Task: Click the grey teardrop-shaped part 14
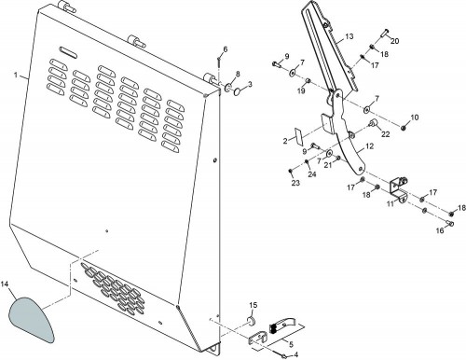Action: (x=30, y=319)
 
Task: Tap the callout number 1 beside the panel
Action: (x=16, y=75)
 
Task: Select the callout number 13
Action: (x=349, y=36)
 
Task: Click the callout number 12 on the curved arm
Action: (x=370, y=145)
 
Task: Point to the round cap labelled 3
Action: (x=238, y=91)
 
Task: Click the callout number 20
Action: (x=394, y=41)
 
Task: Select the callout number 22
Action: (x=385, y=134)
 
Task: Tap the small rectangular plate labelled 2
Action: (x=299, y=137)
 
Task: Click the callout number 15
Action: (x=254, y=305)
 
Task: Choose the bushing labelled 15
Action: (x=251, y=320)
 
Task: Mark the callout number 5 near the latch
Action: (x=291, y=344)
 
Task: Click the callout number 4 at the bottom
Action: (x=295, y=354)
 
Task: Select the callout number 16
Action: (x=440, y=230)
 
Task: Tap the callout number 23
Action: (x=295, y=183)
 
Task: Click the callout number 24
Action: (x=312, y=174)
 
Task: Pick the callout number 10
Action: (x=415, y=118)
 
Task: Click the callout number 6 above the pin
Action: (x=226, y=49)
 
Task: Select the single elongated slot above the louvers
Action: (x=69, y=52)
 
